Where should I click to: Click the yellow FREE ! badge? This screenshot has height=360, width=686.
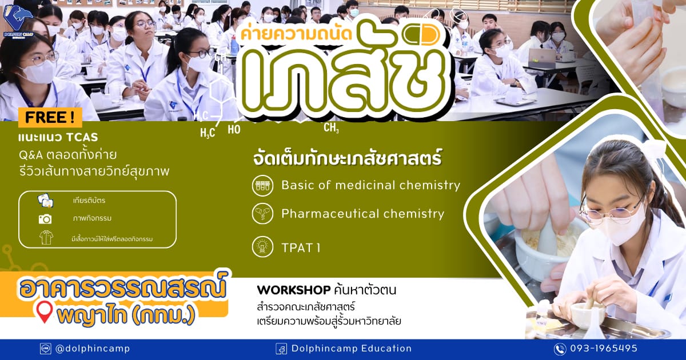pyautogui.click(x=50, y=117)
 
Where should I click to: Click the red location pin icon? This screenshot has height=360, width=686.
pyautogui.click(x=44, y=312)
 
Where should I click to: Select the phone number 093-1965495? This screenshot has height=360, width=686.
pyautogui.click(x=604, y=349)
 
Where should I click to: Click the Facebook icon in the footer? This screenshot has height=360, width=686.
pyautogui.click(x=281, y=349)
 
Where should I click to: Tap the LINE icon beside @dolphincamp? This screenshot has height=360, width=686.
pyautogui.click(x=46, y=349)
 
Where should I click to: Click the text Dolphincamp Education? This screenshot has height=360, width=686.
pyautogui.click(x=351, y=349)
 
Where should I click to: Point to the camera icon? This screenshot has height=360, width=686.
pyautogui.click(x=45, y=219)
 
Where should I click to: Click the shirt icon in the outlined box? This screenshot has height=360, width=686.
pyautogui.click(x=46, y=238)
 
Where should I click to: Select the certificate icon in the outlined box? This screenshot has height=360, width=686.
pyautogui.click(x=46, y=201)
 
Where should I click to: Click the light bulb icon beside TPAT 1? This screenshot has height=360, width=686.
pyautogui.click(x=262, y=247)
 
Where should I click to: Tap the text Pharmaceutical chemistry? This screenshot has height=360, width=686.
pyautogui.click(x=362, y=214)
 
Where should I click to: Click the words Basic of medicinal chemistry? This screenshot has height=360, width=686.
pyautogui.click(x=370, y=185)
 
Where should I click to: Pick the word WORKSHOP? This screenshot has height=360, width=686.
pyautogui.click(x=294, y=290)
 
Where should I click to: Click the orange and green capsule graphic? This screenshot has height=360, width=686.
pyautogui.click(x=421, y=35)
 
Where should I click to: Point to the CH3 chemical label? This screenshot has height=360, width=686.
pyautogui.click(x=331, y=127)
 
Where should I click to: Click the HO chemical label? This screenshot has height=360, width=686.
pyautogui.click(x=234, y=130)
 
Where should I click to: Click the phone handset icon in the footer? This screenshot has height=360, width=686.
pyautogui.click(x=560, y=349)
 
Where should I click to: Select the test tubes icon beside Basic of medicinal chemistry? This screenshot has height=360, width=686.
pyautogui.click(x=262, y=186)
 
